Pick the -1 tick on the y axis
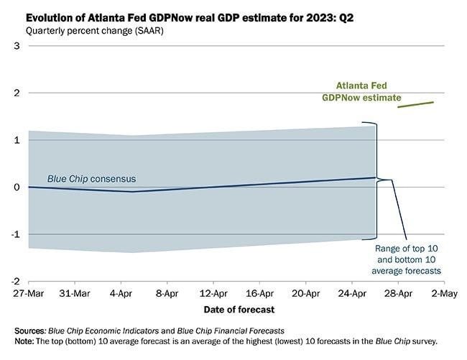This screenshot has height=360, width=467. (15, 235)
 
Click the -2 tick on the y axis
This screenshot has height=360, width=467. (15, 282)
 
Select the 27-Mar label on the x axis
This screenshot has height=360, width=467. (28, 293)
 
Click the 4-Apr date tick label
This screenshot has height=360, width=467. (121, 293)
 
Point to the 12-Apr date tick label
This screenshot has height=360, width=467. (213, 293)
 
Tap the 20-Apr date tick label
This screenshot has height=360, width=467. (306, 293)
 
